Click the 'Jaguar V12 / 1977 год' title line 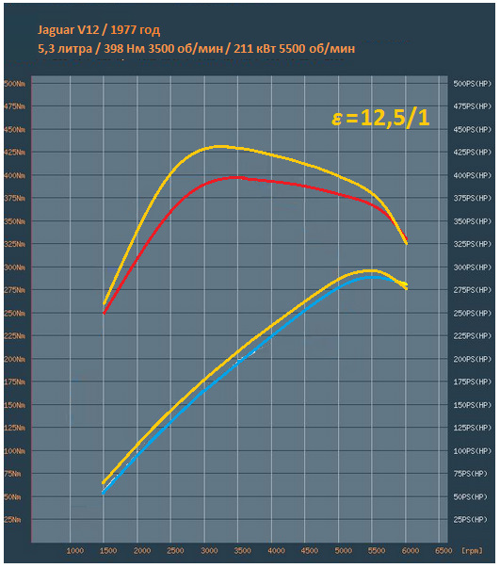[99, 30]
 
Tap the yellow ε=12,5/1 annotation [380, 118]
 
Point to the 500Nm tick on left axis [15, 84]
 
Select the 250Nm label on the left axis [15, 314]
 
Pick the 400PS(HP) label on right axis [473, 175]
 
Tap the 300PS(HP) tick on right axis [473, 268]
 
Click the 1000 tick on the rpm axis [75, 551]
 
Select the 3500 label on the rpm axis [242, 551]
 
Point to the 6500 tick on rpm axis [444, 551]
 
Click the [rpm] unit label [472, 551]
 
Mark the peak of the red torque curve [236, 177]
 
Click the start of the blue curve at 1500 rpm [104, 493]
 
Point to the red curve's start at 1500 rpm [104, 313]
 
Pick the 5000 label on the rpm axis [343, 551]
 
